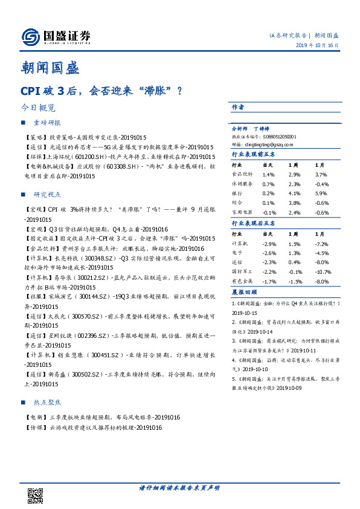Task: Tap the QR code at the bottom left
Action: point(36,495)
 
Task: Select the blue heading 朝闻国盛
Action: point(50,68)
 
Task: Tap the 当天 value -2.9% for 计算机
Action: point(269,242)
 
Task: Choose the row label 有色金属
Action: point(242,282)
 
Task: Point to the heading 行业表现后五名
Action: point(254,223)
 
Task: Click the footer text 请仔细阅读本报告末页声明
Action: point(180,487)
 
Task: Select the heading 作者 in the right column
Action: point(238,107)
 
